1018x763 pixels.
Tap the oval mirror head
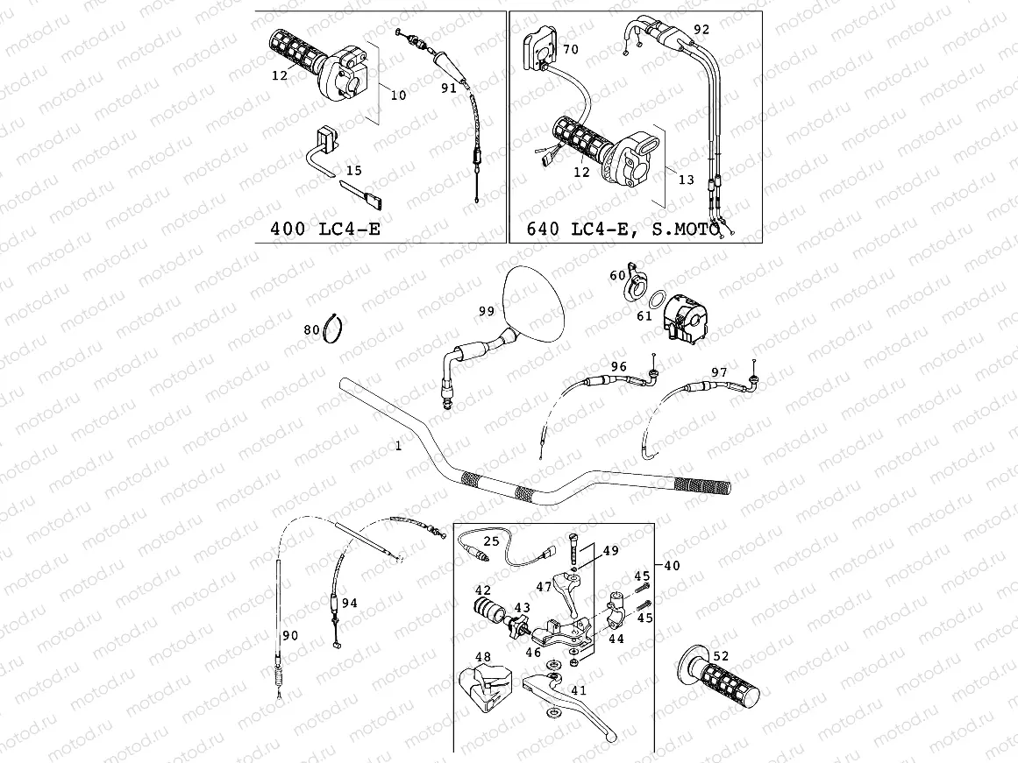[535, 302]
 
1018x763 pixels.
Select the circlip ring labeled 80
[333, 329]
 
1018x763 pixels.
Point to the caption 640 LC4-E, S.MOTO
[623, 230]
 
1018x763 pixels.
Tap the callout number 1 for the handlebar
[398, 446]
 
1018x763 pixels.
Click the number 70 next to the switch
[571, 50]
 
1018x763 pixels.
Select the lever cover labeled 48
[482, 683]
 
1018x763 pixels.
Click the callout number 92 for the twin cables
[701, 29]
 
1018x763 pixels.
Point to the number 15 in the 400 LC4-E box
[353, 170]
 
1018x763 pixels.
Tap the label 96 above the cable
[619, 366]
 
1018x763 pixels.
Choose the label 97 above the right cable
[719, 373]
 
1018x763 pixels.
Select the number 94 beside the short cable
[350, 603]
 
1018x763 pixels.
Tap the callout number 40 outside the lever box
[672, 566]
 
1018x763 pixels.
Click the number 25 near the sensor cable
[491, 541]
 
